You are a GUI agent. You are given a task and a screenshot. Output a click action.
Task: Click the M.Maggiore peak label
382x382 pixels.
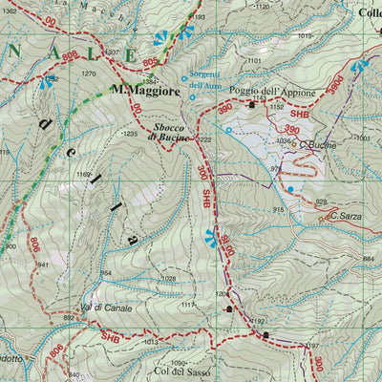(144, 91)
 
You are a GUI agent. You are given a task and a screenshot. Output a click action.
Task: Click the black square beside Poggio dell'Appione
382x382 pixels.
(252, 104)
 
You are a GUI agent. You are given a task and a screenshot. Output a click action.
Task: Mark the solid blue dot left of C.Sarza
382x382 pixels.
(291, 189)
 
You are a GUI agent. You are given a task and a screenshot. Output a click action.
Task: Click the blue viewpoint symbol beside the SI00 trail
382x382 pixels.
(209, 236)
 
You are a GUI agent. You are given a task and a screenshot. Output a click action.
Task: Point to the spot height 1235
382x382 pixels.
(131, 135)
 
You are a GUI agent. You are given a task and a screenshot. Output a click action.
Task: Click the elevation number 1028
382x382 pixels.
(168, 278)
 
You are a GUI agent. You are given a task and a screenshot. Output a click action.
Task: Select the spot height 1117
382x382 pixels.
(188, 305)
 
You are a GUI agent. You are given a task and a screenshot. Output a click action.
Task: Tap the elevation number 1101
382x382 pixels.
(253, 61)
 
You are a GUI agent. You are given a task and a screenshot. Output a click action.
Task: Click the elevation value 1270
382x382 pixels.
(89, 73)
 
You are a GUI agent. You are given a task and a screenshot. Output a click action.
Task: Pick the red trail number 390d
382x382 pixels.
(335, 84)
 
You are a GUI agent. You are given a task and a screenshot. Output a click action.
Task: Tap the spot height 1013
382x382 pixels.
(151, 341)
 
